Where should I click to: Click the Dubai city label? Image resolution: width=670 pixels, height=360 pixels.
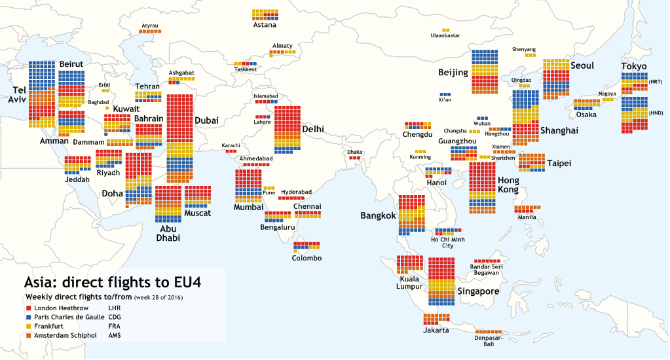[x=206, y=120]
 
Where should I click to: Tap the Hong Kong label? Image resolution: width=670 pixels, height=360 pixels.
[x=508, y=185]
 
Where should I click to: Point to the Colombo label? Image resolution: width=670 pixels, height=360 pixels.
[x=307, y=258]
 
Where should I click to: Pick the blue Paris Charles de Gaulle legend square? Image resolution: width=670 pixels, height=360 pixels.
[x=28, y=317]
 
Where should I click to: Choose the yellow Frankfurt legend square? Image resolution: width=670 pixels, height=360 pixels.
[x=28, y=326]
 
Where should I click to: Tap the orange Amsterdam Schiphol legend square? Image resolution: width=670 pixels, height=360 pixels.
[x=28, y=335]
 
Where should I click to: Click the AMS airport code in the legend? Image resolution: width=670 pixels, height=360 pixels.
[x=115, y=335]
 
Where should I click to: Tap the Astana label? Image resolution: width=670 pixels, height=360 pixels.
[x=265, y=26]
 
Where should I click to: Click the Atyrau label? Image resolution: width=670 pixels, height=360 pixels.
[x=150, y=26]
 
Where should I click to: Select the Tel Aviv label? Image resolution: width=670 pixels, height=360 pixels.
[x=15, y=94]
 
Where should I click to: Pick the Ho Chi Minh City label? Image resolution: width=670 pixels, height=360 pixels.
[x=447, y=242]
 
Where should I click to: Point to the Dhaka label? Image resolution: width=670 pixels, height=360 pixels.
[x=354, y=152]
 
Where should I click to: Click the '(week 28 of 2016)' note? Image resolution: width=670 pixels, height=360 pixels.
[x=158, y=298]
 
